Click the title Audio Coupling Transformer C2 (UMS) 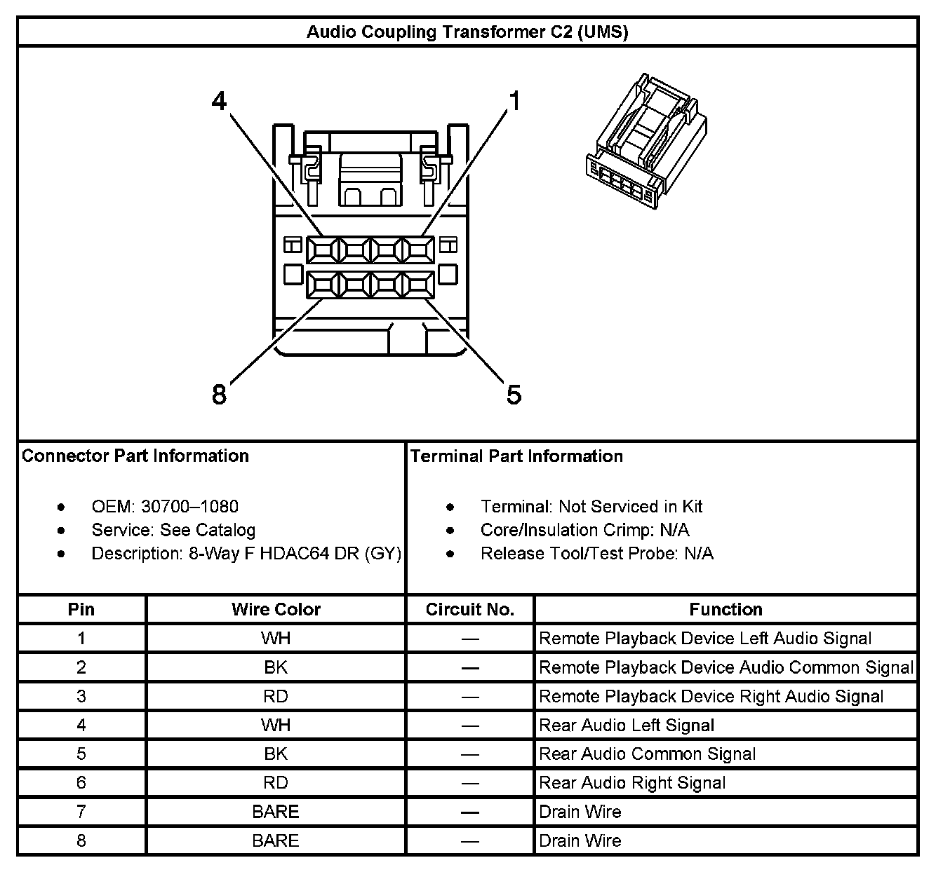(x=467, y=32)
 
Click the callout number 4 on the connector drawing (x=220, y=102)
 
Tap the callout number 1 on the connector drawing (x=515, y=102)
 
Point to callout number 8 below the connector (x=220, y=395)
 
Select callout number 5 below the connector (x=514, y=395)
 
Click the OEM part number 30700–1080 (x=189, y=506)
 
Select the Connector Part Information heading (x=135, y=456)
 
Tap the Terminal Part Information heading (x=516, y=456)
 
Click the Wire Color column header (x=276, y=610)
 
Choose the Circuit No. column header (x=470, y=610)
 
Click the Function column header (x=725, y=610)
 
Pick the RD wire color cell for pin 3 (x=276, y=697)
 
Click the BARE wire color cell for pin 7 (x=276, y=812)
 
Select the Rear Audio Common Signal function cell (x=647, y=754)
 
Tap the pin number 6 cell (x=81, y=783)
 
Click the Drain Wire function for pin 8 (x=580, y=840)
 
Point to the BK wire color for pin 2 (x=276, y=668)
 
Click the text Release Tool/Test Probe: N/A (x=596, y=554)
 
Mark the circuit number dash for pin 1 (x=470, y=639)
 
